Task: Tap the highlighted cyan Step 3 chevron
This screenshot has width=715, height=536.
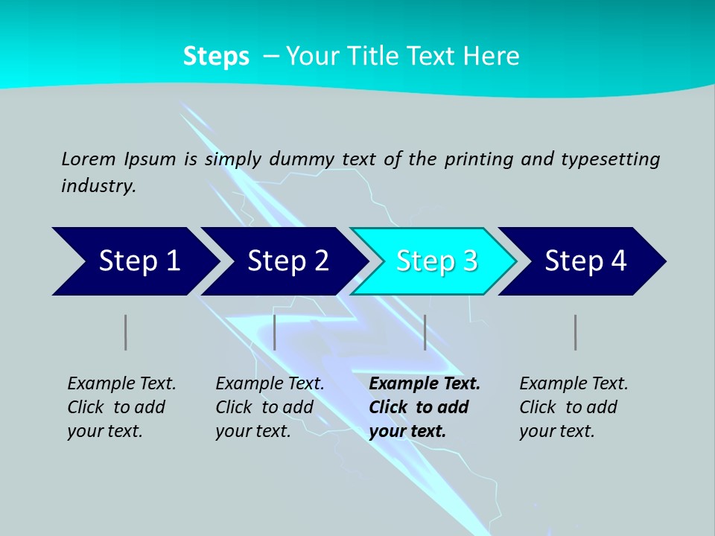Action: coord(436,261)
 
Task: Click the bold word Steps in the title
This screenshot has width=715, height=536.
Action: coord(216,57)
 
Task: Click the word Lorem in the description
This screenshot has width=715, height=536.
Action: coord(89,159)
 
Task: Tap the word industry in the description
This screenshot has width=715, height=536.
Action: coord(98,186)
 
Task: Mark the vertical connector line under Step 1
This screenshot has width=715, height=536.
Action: coord(125,332)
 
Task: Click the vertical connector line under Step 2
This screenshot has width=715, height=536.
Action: coord(275,332)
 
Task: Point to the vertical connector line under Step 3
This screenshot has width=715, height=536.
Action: coord(425,332)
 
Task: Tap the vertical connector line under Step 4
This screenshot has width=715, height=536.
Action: coord(575,332)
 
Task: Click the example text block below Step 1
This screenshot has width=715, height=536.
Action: coord(121,407)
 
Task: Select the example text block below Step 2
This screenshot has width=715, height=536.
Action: coord(270,407)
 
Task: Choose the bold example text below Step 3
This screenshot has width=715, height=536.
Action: coord(425,407)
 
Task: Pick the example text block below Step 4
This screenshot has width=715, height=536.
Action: coord(573,407)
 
